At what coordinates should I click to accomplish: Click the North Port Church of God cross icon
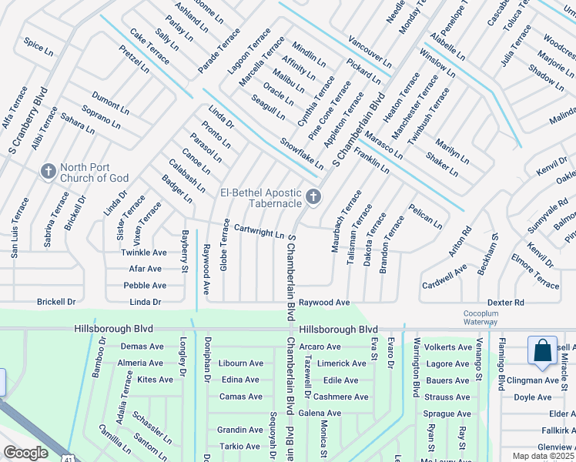[48, 169]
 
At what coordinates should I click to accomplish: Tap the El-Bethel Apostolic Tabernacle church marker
[313, 196]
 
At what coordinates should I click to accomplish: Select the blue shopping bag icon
[543, 350]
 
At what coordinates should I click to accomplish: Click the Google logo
[25, 453]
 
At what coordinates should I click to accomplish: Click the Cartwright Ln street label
[259, 231]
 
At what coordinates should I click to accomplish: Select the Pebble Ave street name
[145, 285]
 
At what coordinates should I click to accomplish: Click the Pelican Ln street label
[425, 216]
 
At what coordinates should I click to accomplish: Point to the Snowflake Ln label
[301, 154]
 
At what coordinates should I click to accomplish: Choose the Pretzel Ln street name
[134, 59]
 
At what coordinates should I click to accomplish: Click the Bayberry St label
[185, 251]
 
